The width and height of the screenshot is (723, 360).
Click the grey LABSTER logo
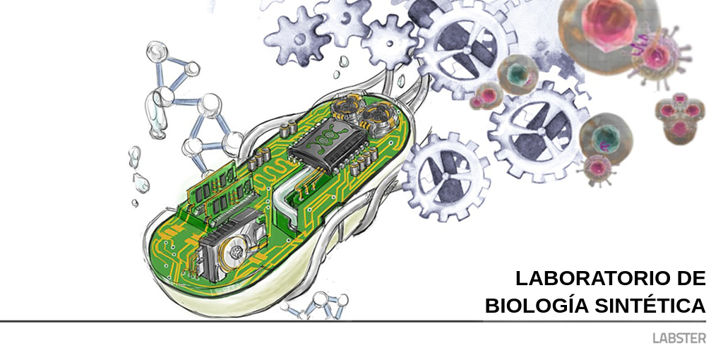point(679,338)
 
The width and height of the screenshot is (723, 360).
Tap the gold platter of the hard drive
point(236,252)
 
